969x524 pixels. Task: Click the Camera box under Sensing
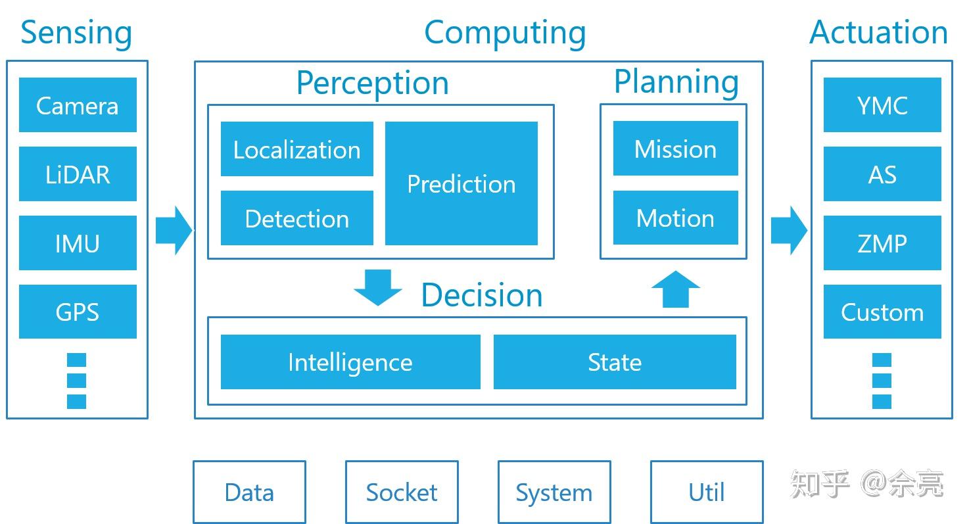[78, 105]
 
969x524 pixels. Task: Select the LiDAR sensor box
[78, 174]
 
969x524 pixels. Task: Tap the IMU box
[78, 243]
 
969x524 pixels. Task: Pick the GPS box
[78, 312]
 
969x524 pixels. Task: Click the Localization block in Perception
[296, 149]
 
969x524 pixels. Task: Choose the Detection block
[296, 218]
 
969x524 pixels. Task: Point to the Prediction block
[461, 183]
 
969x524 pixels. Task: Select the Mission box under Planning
[676, 149]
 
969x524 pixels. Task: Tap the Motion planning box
[676, 218]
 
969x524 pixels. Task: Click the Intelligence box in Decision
[350, 362]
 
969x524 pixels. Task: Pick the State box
[615, 362]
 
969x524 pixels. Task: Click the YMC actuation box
[882, 105]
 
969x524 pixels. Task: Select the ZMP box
[882, 243]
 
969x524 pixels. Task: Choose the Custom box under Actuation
[882, 312]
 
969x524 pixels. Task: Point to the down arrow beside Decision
[378, 287]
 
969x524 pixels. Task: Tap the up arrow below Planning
[676, 289]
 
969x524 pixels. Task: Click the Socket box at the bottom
[402, 492]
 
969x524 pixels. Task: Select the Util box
[707, 492]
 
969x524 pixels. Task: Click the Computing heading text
[506, 34]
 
